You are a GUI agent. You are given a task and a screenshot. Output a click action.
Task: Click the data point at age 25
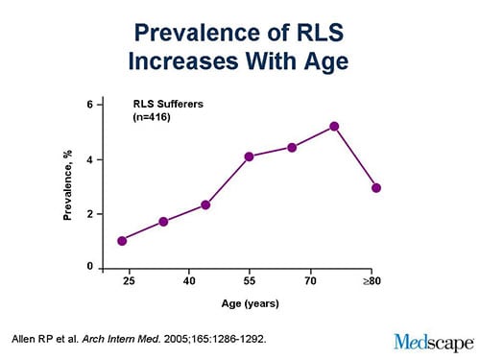(x=122, y=241)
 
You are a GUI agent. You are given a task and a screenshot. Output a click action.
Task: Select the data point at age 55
(x=249, y=156)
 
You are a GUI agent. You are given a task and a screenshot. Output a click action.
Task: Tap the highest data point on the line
(x=334, y=127)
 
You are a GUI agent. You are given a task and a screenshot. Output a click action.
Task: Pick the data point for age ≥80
(x=376, y=188)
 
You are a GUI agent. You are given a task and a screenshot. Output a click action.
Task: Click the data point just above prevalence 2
(x=206, y=205)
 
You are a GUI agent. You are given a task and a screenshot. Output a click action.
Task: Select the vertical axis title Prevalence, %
(x=67, y=184)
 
